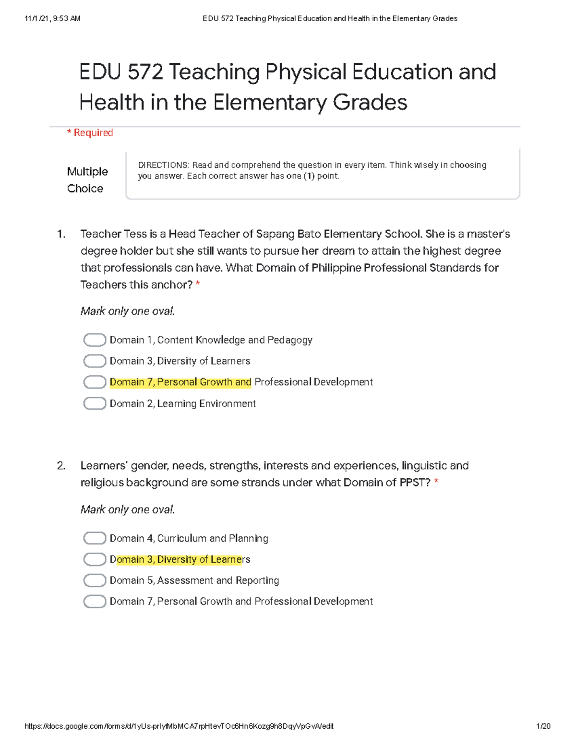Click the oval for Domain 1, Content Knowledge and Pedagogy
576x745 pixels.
point(95,340)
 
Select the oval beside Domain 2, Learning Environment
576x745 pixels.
point(95,403)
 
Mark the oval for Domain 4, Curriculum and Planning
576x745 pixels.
point(95,538)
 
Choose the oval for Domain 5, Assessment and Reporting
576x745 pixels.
point(95,580)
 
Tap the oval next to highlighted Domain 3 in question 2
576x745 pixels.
point(95,559)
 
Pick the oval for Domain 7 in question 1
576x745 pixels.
point(95,382)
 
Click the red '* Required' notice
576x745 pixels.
point(90,133)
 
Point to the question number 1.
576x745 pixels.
point(61,234)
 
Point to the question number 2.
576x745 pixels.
point(61,466)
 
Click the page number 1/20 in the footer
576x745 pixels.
point(543,726)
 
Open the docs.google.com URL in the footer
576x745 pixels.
point(179,726)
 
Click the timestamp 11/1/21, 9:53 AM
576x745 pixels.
point(52,19)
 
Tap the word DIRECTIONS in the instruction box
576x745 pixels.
point(163,165)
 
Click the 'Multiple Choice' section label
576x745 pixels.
point(87,180)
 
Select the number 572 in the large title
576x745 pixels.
point(145,72)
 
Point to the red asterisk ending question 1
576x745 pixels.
point(198,284)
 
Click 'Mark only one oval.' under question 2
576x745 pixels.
point(128,509)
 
